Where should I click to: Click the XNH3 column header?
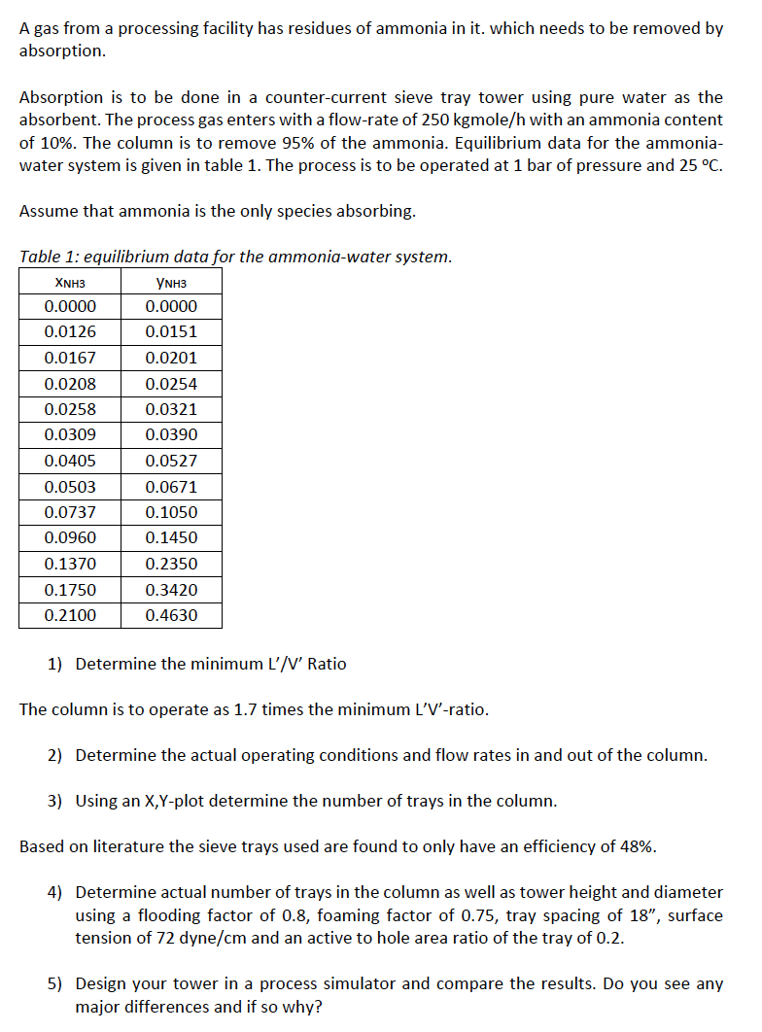(70, 282)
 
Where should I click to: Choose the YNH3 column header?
(171, 282)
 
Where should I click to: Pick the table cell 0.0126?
(70, 331)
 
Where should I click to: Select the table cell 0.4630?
(171, 615)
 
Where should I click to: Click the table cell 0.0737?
(70, 512)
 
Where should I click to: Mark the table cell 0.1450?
(171, 537)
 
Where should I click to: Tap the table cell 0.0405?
(70, 461)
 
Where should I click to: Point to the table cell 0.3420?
(171, 590)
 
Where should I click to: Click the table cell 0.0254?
(171, 384)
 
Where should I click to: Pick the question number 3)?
(55, 801)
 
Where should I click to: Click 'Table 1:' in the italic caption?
(50, 257)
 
